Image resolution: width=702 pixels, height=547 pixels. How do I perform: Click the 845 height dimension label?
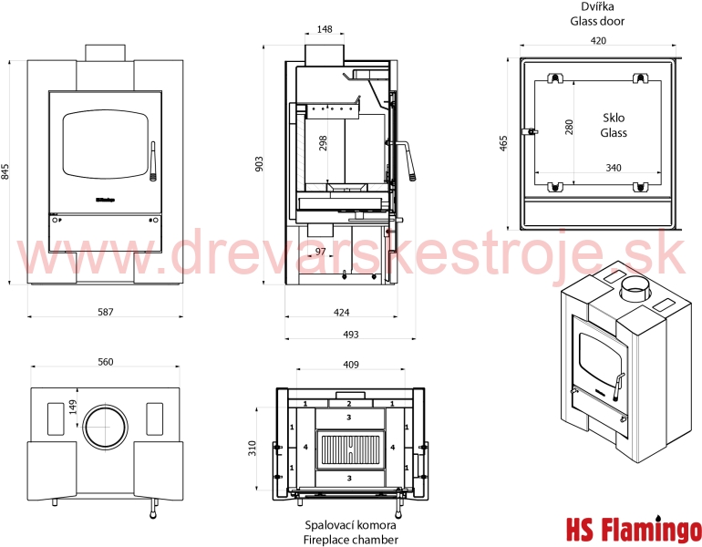coord(5,171)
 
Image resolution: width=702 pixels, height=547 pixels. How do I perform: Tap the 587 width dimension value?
coord(106,312)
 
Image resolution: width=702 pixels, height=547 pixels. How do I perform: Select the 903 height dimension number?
coord(259,164)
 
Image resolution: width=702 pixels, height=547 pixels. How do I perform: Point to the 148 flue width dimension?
coord(325,29)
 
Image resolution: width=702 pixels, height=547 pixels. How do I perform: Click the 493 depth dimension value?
coord(351,335)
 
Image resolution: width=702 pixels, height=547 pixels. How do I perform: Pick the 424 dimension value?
coord(342,312)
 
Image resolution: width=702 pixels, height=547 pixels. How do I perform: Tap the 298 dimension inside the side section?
coord(323,143)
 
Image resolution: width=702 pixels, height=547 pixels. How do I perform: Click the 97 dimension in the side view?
coord(321,252)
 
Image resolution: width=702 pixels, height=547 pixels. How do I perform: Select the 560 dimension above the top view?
coord(106,362)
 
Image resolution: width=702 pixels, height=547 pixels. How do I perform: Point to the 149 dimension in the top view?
coord(73,407)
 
